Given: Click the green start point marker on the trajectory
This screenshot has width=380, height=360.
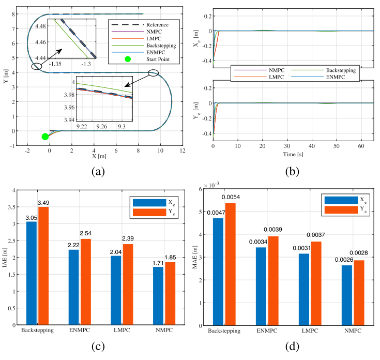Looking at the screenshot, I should pyautogui.click(x=45, y=137).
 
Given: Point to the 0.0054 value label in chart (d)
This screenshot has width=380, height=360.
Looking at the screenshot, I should pyautogui.click(x=232, y=198).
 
